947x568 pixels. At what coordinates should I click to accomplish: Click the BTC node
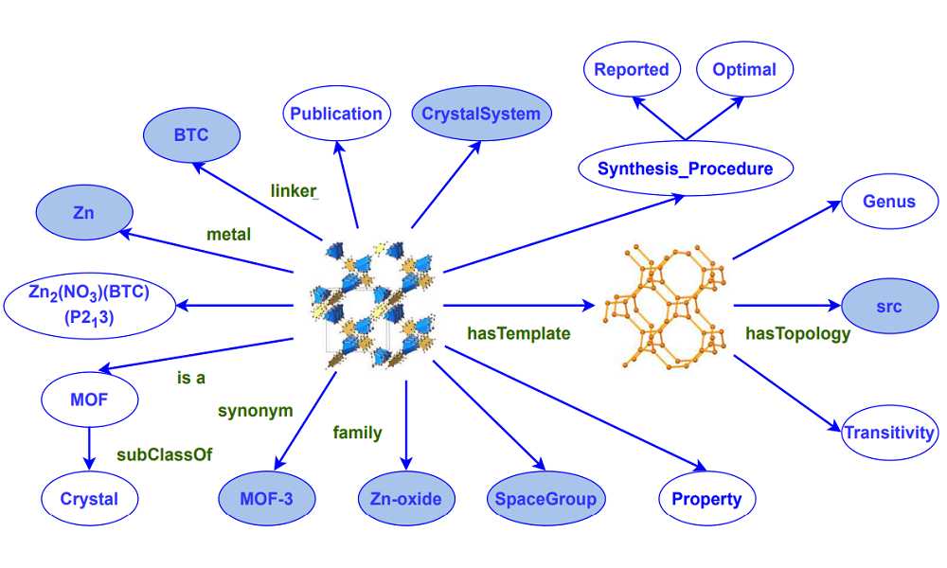click(190, 135)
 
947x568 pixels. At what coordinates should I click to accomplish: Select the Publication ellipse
click(336, 115)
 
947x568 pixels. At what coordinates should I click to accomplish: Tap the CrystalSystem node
click(481, 115)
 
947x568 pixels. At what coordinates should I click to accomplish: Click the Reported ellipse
click(632, 69)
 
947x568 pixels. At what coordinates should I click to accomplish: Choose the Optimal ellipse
click(744, 69)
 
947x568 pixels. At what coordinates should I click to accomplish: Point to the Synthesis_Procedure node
click(686, 169)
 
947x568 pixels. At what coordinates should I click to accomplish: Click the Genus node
click(889, 202)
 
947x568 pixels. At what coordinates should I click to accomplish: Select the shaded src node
click(889, 307)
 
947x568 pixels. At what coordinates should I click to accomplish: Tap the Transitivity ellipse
click(889, 433)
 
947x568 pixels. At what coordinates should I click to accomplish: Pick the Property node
click(706, 499)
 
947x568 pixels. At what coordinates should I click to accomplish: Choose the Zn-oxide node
click(406, 499)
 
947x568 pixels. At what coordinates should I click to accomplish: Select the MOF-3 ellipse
click(266, 499)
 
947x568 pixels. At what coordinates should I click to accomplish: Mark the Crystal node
click(89, 499)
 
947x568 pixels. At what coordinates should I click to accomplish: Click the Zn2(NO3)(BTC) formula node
click(90, 305)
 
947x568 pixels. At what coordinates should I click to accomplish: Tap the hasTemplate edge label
click(519, 333)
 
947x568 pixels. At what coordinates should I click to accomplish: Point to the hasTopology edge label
click(797, 333)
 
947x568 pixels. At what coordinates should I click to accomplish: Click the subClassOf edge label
click(165, 454)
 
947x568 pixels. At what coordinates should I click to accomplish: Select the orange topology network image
click(664, 305)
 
